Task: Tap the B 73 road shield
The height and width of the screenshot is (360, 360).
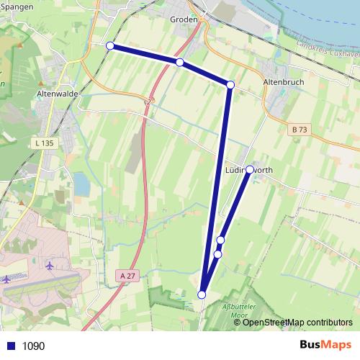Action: click(x=300, y=130)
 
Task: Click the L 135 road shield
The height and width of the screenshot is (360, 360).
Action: click(x=43, y=143)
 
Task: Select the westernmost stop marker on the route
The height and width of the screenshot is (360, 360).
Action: click(x=110, y=46)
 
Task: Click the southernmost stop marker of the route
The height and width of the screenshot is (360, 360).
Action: click(x=202, y=294)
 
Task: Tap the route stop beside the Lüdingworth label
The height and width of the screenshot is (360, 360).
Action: click(x=249, y=170)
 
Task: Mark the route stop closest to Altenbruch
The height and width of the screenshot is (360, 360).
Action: click(x=230, y=85)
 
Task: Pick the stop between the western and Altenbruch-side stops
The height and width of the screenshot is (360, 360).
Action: click(x=179, y=63)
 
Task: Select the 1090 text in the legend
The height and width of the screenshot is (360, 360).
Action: click(x=33, y=346)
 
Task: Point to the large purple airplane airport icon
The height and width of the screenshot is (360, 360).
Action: click(x=50, y=265)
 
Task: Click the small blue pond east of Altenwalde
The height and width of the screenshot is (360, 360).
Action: click(x=81, y=186)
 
